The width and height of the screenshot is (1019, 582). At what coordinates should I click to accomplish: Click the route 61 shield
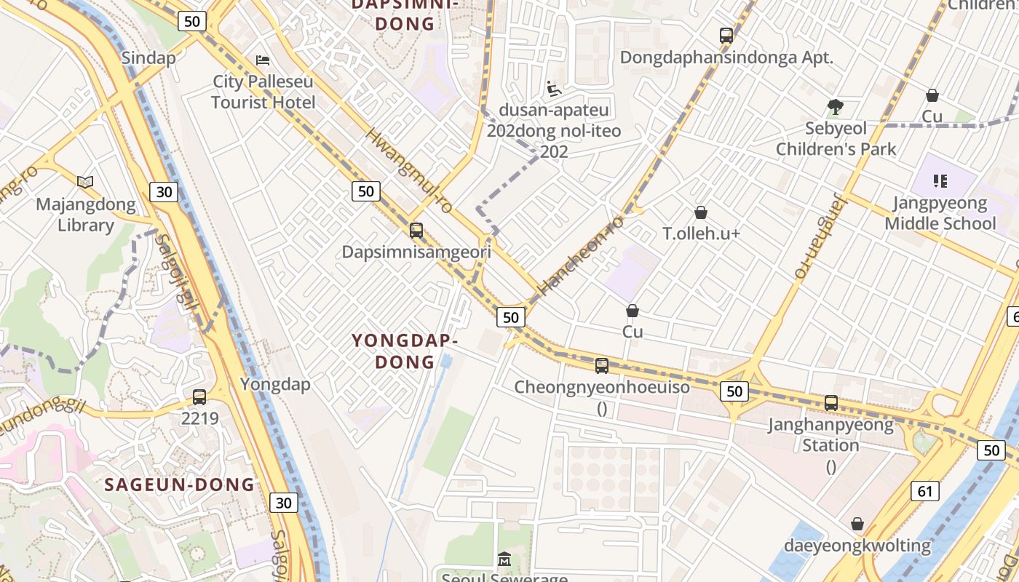point(924,491)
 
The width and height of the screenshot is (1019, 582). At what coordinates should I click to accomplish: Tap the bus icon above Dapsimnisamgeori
point(416,231)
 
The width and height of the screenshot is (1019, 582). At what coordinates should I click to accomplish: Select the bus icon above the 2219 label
point(199,397)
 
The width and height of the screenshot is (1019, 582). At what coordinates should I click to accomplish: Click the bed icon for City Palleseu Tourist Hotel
point(263,60)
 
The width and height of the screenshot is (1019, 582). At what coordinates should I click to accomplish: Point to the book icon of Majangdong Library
point(85,182)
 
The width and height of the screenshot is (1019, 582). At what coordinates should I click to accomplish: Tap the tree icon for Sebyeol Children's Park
point(835,107)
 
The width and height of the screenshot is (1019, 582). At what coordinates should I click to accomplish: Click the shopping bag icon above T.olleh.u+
point(700,212)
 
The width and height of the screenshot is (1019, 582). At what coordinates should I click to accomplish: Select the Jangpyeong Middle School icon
point(940,180)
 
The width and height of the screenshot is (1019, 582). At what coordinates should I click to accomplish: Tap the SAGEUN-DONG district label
point(180,485)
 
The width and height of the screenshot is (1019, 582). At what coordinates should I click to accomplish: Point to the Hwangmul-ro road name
point(408,171)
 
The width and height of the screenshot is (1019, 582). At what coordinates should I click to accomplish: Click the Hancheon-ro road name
point(581,255)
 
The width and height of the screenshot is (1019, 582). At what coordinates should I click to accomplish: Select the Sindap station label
point(148,58)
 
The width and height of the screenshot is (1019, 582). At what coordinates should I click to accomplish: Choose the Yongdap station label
point(275,384)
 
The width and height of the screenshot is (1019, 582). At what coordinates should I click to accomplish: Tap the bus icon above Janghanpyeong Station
point(831,402)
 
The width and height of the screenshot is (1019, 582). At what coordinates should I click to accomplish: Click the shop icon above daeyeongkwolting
point(857,524)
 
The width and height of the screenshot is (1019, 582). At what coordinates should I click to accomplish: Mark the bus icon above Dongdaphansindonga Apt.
point(726,35)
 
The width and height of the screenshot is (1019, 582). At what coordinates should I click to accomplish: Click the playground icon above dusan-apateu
point(554,89)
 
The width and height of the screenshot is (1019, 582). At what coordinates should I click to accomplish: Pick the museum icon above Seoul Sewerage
point(504,559)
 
